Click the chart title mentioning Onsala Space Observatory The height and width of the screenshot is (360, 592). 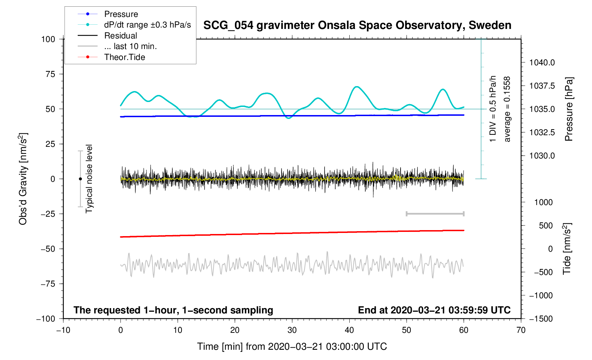pos(357,25)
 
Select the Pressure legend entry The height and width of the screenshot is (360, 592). pos(121,14)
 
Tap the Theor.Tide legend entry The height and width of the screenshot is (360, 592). pos(124,57)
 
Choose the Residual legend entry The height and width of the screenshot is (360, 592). pos(120,36)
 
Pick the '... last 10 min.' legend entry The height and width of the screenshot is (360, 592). pos(130,46)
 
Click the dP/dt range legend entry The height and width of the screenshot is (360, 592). pos(147,25)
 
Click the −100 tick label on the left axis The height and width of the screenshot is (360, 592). pos(46,319)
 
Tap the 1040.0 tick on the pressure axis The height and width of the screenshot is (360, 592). pos(542,63)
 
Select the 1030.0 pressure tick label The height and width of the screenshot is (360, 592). pos(542,156)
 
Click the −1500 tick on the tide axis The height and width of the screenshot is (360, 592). pos(541,319)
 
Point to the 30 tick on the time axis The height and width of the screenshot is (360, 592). pos(292,330)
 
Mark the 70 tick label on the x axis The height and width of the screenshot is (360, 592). pos(521,330)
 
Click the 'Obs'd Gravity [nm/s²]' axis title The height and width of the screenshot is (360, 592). pos(23,179)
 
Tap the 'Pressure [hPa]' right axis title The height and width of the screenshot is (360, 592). pos(569,109)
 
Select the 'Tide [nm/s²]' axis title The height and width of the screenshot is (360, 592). pos(567,248)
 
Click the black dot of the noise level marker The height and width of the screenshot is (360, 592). pos(80,179)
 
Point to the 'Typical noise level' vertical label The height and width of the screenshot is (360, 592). pos(89,179)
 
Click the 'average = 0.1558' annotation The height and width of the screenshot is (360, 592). pos(507,109)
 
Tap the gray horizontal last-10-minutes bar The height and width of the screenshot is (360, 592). pos(435,214)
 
